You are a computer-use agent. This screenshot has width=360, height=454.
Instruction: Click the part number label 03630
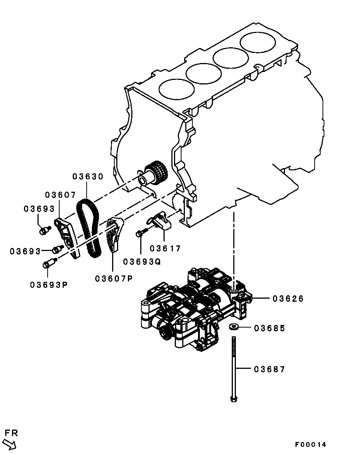pos(87,176)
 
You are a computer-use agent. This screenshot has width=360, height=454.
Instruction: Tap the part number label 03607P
pos(114,279)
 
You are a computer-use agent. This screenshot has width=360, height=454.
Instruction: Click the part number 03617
pos(165,248)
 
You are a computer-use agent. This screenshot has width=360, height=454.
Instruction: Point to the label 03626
pos(288,299)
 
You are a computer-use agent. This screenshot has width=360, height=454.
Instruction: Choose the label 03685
pos(270,328)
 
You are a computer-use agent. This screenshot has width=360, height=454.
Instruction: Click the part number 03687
pos(270,369)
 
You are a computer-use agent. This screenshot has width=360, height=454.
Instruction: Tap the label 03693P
pos(49,285)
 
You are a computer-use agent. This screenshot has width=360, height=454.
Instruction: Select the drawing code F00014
pos(310,445)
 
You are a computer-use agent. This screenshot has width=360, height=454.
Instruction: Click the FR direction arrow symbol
pos(10,444)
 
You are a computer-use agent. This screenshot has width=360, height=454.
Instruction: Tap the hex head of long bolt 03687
pos(233,398)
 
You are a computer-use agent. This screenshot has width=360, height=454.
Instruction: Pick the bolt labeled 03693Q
pos(140,233)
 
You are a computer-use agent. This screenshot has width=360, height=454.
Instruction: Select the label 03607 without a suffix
pos(60,195)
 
